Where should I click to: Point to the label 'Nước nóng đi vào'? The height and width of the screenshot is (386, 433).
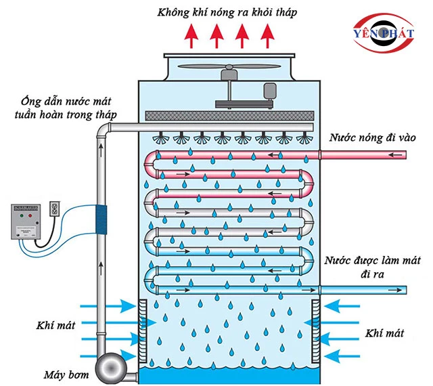point(372,138)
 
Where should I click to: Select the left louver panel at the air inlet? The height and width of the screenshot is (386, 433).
point(143,330)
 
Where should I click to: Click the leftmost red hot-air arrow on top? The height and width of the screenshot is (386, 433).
point(193,35)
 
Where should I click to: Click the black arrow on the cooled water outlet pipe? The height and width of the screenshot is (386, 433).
point(397,289)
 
